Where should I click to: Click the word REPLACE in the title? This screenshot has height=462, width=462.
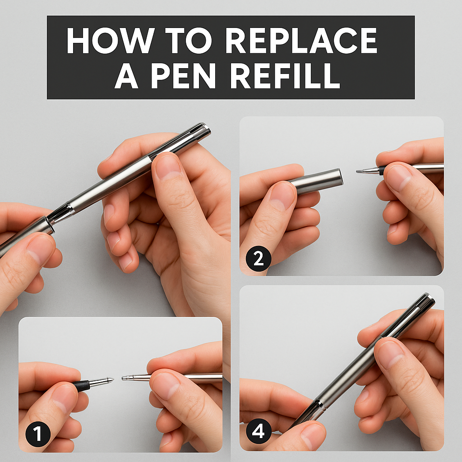pos(301,42)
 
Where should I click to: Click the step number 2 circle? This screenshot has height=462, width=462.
pos(258,259)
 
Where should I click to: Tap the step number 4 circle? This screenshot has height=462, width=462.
pos(258,432)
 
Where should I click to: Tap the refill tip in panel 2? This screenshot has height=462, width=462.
pos(361,171)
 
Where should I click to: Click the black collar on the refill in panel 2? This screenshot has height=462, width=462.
pos(382,170)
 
